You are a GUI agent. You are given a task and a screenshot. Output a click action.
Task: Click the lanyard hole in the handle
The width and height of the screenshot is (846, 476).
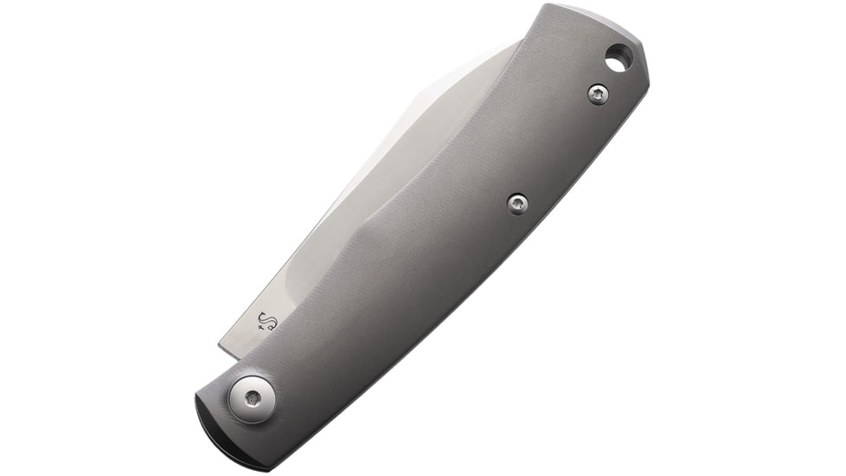tap(618, 60)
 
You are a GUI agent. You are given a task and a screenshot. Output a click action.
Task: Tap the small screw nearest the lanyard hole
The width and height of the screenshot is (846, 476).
tap(598, 94)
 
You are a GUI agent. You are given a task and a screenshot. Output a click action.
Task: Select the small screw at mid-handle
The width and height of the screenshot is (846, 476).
tap(517, 203)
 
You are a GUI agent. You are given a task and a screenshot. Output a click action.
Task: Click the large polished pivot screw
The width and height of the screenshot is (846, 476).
tap(253, 399)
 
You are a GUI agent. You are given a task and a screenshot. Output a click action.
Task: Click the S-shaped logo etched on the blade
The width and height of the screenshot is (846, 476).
tap(271, 323)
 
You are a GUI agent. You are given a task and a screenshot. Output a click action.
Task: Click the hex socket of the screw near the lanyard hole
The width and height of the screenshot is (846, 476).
tap(598, 94)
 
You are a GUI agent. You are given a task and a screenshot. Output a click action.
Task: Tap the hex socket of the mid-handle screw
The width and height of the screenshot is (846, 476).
tap(517, 203)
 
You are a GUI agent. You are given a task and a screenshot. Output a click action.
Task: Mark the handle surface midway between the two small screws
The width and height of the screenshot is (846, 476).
tap(558, 149)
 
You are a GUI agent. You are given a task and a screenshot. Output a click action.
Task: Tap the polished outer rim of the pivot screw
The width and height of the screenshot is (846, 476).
tap(239, 407)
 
